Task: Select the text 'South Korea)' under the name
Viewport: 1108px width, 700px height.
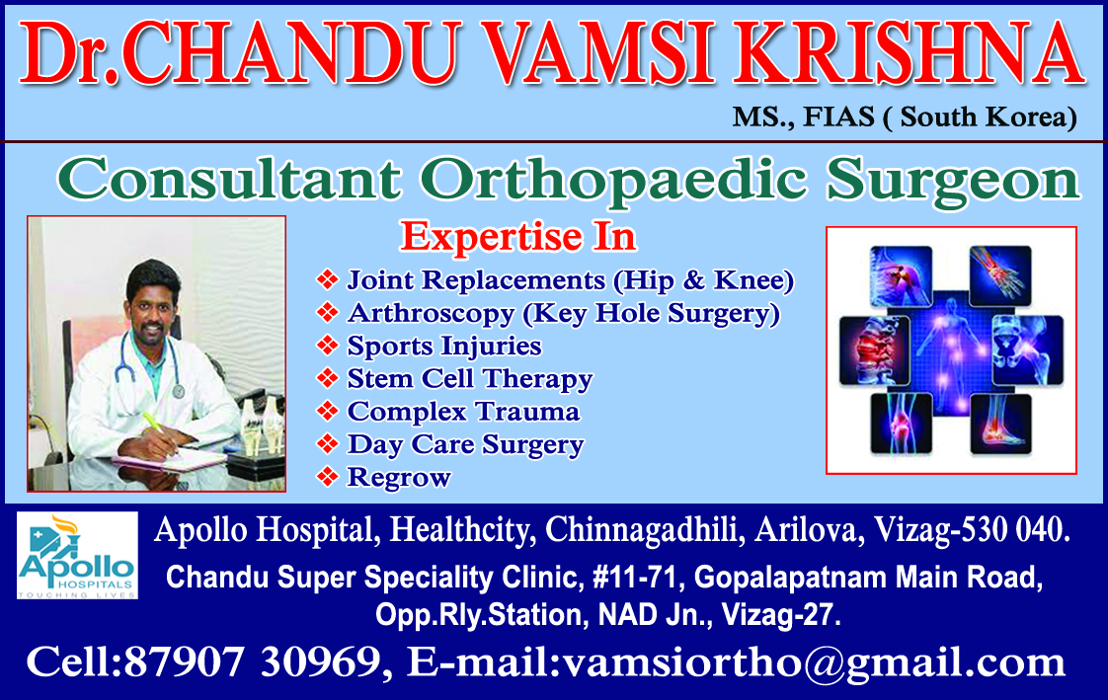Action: tap(988, 117)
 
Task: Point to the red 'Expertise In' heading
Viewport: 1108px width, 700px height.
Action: tap(518, 236)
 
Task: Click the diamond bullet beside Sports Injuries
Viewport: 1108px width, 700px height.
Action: tap(327, 345)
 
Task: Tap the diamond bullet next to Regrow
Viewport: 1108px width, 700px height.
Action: tap(327, 476)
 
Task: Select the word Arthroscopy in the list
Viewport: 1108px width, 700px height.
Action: tap(431, 314)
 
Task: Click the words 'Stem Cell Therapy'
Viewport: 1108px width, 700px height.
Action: tap(470, 379)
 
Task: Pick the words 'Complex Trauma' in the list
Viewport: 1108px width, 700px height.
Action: tap(463, 411)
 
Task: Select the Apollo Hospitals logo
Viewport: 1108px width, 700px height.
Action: tap(77, 555)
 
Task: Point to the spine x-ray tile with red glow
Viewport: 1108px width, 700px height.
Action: tap(874, 350)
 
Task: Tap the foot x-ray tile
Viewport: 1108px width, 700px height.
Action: tap(1000, 424)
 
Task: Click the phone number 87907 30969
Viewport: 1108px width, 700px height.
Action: tap(252, 662)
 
